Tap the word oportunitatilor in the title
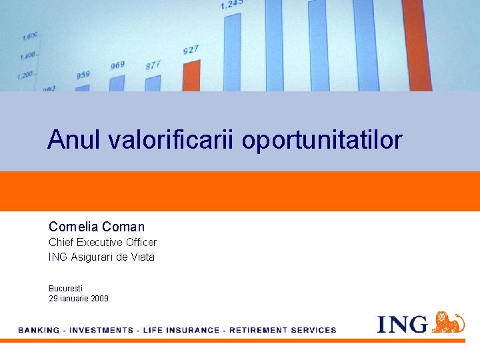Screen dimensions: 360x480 [x=322, y=141]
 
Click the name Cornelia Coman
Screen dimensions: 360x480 [x=96, y=227]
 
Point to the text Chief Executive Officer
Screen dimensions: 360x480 [x=102, y=243]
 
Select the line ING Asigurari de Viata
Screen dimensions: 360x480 [x=101, y=257]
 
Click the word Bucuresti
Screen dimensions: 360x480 [x=65, y=288]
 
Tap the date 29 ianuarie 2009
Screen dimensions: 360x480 [x=78, y=299]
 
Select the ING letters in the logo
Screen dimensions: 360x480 [x=402, y=325]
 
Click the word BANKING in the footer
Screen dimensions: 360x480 [x=38, y=330]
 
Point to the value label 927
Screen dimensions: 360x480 [x=191, y=50]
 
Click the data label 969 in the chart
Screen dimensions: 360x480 [x=117, y=65]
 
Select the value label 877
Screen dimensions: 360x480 [x=153, y=65]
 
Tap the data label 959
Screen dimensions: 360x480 [x=83, y=75]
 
